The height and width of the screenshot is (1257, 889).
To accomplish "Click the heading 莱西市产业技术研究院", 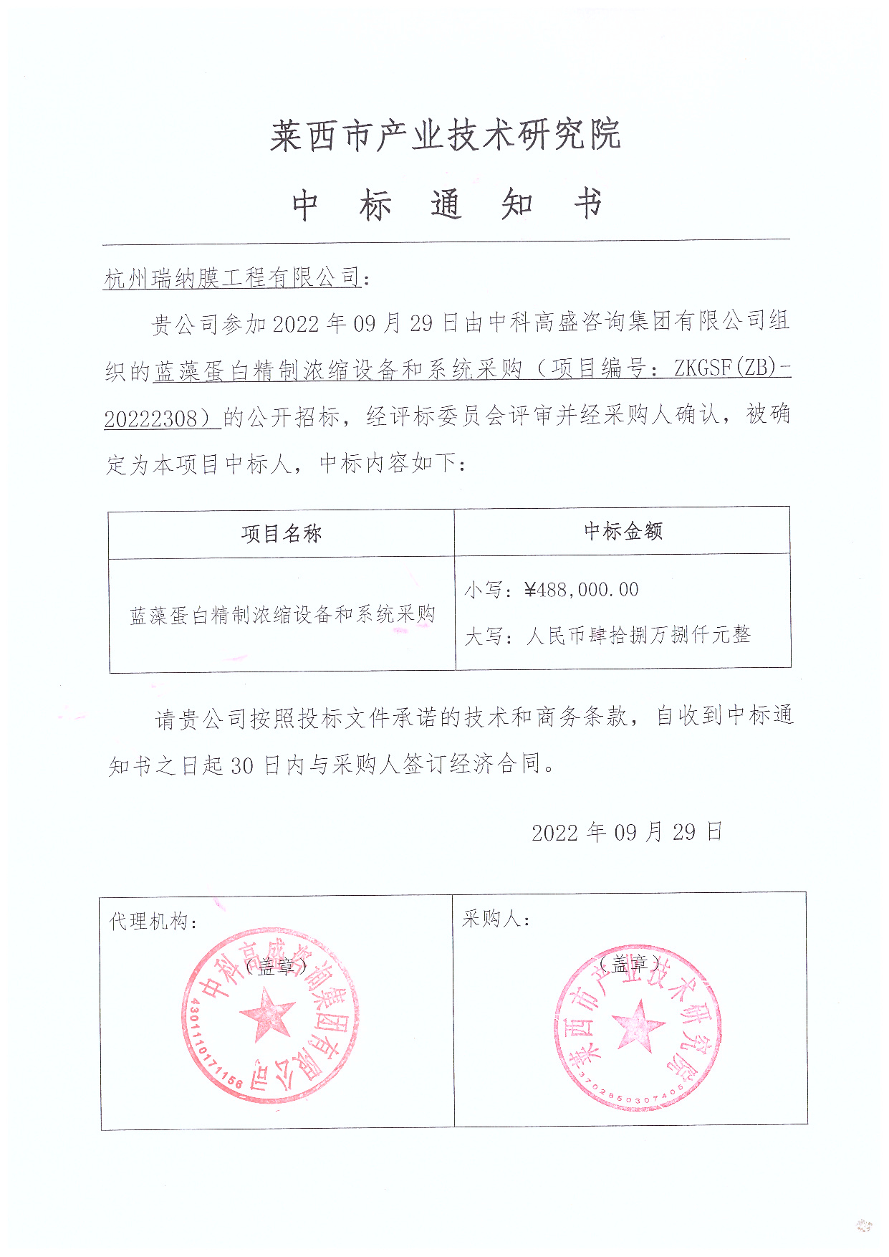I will click(x=445, y=135).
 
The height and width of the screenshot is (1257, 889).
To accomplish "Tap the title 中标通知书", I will click(x=446, y=205).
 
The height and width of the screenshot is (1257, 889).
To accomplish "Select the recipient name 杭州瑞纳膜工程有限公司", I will click(x=232, y=277).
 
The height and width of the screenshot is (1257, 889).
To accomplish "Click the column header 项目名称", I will click(x=281, y=534).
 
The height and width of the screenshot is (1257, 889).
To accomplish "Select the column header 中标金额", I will click(x=623, y=531).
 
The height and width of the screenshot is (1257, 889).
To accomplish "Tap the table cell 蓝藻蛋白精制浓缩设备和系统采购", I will click(x=282, y=615).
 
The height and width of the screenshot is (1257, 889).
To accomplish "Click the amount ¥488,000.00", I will click(x=581, y=590).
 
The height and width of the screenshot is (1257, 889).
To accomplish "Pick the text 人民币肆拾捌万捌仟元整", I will click(x=638, y=635).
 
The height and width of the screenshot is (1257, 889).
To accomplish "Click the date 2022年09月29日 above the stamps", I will click(x=627, y=832).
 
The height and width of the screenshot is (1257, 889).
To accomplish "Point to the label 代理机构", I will click(x=148, y=921).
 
